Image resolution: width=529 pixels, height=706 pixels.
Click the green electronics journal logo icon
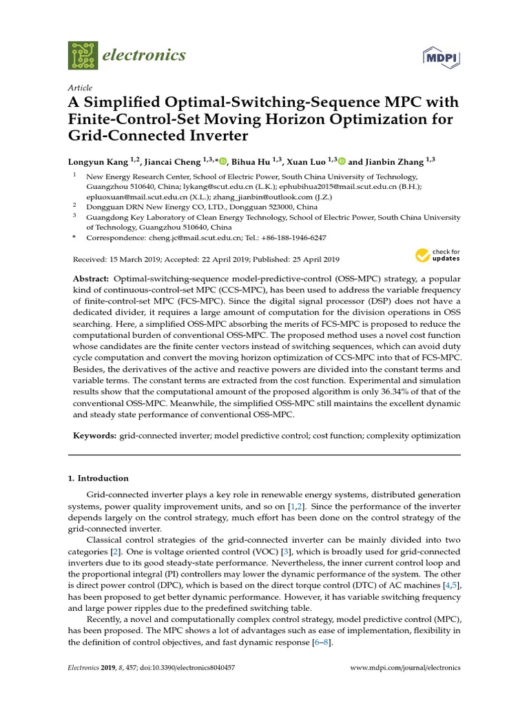pos(84,54)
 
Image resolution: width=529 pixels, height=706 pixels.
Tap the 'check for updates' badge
pos(437,256)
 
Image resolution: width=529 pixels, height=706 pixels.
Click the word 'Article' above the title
pos(80,89)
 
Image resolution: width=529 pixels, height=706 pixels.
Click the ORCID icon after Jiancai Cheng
pos(222,161)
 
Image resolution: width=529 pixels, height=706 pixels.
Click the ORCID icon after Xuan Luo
pos(342,161)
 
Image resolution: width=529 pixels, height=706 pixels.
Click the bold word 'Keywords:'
pos(95,436)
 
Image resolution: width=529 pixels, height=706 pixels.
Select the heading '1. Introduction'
pos(98,478)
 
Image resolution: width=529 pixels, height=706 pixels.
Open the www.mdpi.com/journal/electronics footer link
pos(405,668)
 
